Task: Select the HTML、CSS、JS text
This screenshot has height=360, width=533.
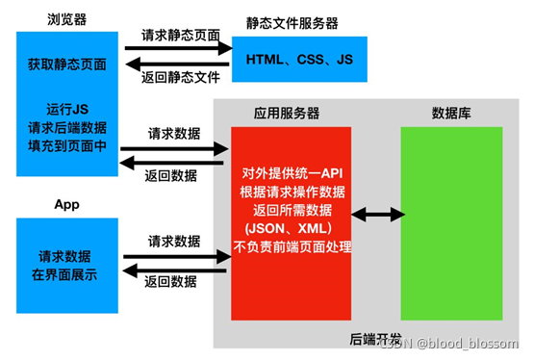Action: pos(300,60)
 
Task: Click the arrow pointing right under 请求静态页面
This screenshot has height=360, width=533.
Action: pos(179,47)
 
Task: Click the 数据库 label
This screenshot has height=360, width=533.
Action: pos(451,113)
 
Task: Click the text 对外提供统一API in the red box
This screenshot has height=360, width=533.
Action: pos(293,173)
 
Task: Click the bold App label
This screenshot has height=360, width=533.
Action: pos(67,205)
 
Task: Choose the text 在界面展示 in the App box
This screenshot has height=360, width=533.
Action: pos(67,274)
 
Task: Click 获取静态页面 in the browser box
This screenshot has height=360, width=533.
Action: pos(67,65)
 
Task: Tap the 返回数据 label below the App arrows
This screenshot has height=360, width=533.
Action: pos(174,281)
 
